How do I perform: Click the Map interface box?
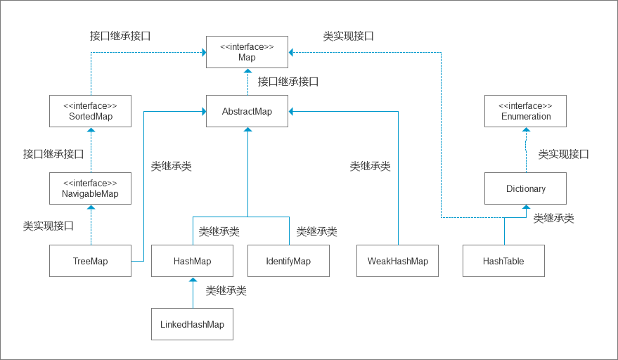[247, 52]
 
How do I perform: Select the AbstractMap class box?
[247, 111]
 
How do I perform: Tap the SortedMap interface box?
[91, 111]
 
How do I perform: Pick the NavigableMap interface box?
[91, 188]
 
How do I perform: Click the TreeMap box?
[91, 261]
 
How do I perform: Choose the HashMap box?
[192, 261]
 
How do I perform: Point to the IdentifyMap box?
[288, 261]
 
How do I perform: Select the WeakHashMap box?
[397, 261]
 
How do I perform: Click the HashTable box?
[503, 261]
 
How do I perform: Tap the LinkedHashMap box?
[192, 324]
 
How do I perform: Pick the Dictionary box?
[525, 188]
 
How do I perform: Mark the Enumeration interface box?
[525, 111]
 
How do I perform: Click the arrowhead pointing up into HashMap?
[193, 281]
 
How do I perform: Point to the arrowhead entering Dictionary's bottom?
[525, 208]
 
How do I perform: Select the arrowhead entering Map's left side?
[203, 52]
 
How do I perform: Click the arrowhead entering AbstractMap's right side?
[291, 111]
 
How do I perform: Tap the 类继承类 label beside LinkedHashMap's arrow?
[226, 290]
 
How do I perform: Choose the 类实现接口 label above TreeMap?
[49, 226]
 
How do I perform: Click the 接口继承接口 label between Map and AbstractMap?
[288, 82]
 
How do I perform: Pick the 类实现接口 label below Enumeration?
[563, 154]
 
